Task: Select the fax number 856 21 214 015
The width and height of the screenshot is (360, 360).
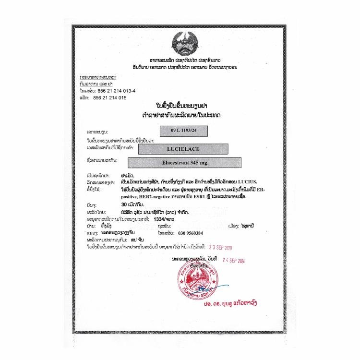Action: tap(110, 97)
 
